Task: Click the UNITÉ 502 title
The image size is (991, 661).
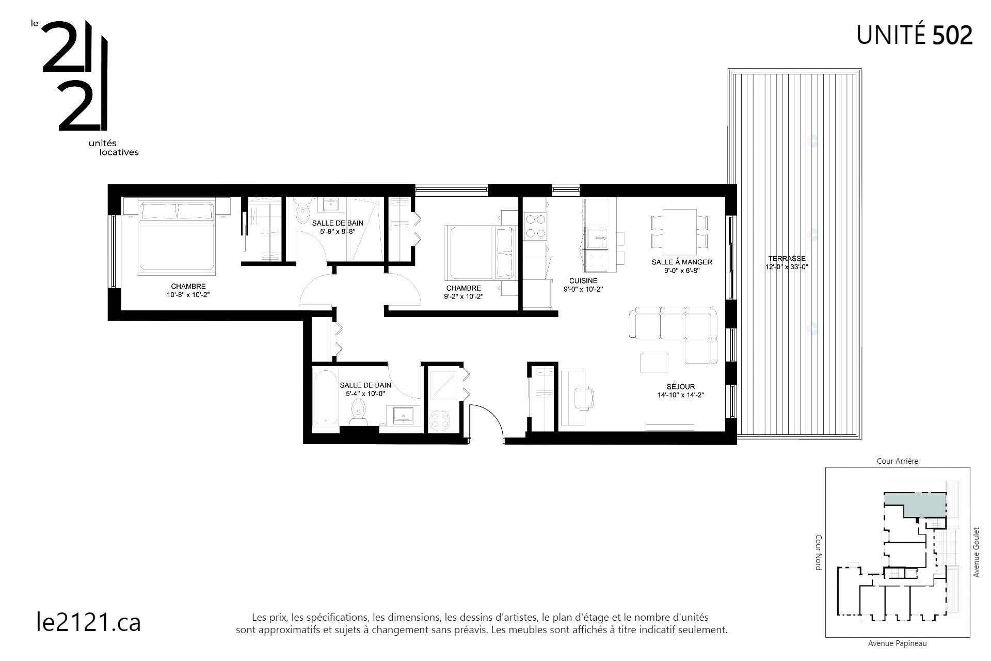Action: (914, 35)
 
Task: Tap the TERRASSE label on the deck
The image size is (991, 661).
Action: (787, 258)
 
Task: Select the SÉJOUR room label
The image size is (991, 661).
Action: (680, 386)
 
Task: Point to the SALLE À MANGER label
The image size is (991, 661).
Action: (681, 262)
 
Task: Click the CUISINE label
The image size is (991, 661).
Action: (583, 281)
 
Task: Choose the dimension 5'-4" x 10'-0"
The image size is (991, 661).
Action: (365, 394)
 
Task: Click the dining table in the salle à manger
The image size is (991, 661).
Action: (679, 228)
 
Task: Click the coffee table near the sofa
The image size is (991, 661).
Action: (654, 363)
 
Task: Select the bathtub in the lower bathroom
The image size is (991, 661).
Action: (326, 397)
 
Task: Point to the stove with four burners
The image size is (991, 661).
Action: (535, 226)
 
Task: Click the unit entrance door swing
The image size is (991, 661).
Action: (488, 421)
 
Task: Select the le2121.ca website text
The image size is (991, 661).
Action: (89, 622)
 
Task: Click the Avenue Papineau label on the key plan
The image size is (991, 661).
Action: (897, 643)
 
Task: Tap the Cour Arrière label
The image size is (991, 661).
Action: (897, 461)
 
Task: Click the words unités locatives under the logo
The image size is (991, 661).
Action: (114, 148)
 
